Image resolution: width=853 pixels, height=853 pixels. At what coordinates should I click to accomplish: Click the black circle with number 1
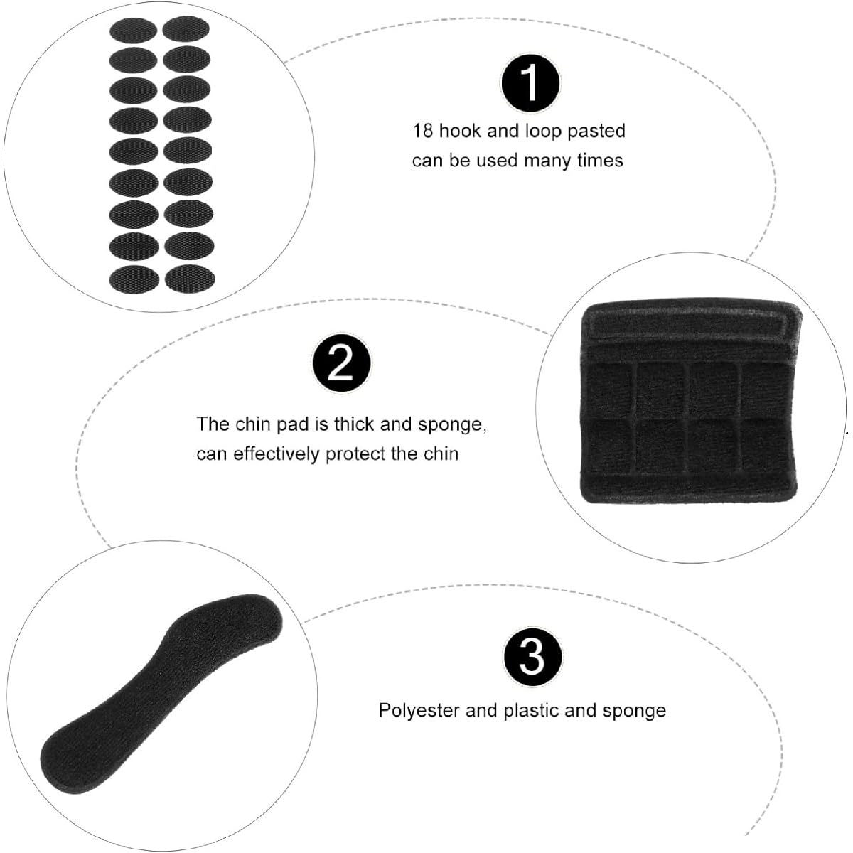[x=530, y=83]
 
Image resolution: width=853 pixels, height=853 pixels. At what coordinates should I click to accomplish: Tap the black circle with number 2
[x=342, y=363]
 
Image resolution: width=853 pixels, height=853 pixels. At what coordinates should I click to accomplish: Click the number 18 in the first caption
[x=422, y=131]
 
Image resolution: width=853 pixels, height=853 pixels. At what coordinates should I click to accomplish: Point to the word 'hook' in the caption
[x=459, y=131]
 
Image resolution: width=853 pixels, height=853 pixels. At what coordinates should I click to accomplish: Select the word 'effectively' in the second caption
[x=277, y=454]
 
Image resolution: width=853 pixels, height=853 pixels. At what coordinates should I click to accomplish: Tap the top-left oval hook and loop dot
[x=133, y=31]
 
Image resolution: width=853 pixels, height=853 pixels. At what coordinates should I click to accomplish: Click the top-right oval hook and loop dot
[x=186, y=28]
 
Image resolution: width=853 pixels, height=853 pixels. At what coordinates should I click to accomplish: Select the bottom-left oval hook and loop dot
[x=134, y=279]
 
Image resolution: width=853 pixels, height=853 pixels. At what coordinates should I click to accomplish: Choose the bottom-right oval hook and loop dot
[x=190, y=278]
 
